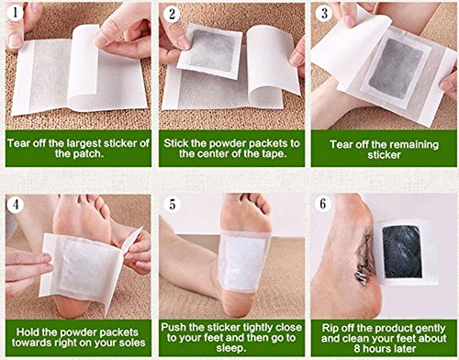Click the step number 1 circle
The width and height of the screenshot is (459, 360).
point(15,13)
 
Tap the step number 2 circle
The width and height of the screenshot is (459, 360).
point(172,14)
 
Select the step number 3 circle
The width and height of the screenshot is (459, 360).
point(324,13)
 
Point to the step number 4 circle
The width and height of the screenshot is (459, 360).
point(16,204)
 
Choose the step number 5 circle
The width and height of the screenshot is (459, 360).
point(173,204)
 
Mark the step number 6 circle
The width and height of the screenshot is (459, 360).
point(323,204)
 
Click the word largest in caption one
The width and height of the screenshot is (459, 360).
point(84,143)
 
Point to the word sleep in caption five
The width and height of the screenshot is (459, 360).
point(230,348)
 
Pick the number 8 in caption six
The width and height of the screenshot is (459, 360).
point(357,348)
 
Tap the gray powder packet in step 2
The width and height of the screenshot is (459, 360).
point(211,51)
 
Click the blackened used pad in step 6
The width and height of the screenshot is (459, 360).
point(402,251)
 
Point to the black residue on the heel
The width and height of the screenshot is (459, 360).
point(364,257)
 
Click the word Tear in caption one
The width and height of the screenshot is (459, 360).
point(17,143)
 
